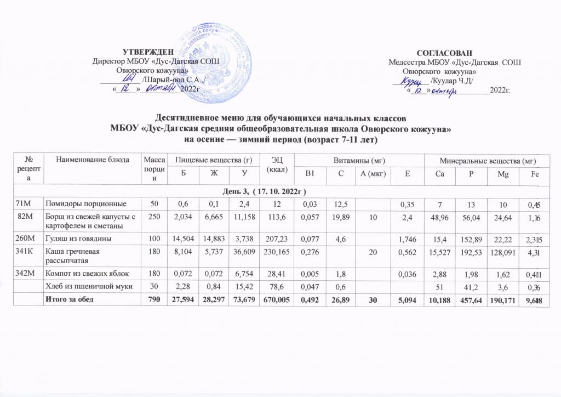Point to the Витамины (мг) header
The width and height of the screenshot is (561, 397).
point(359,159)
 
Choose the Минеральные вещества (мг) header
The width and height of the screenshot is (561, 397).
point(488,159)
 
